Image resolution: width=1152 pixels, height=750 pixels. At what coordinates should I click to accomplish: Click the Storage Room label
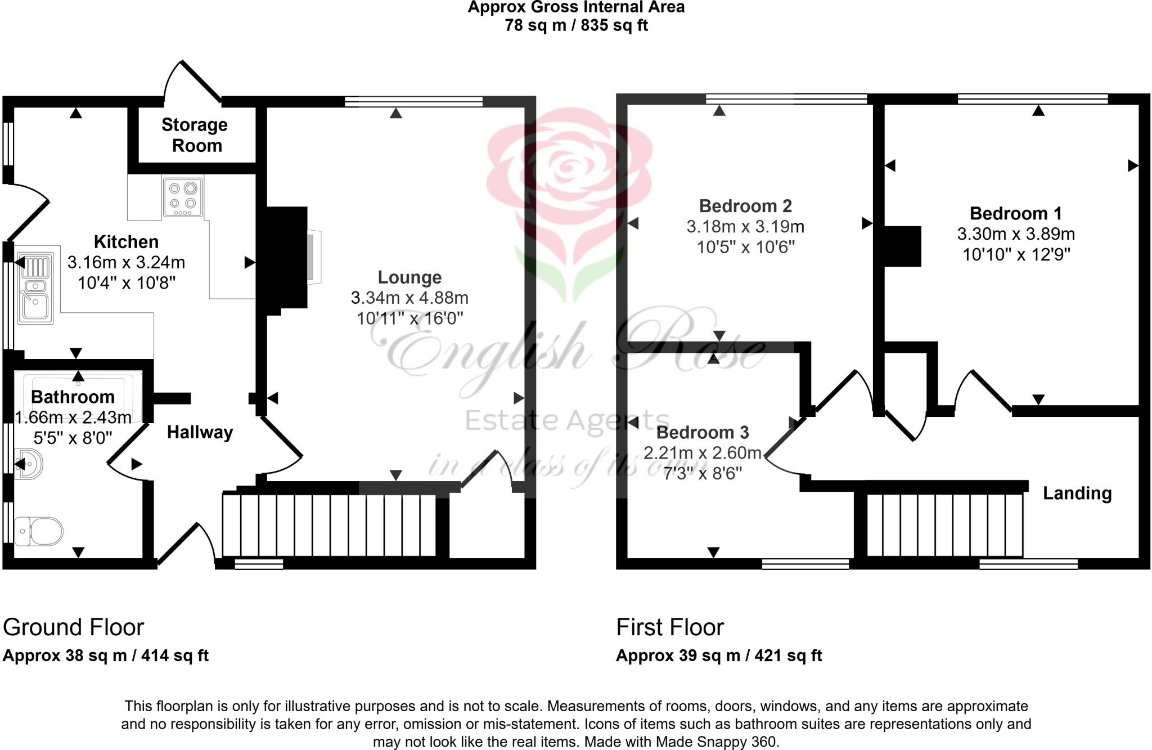[195, 135]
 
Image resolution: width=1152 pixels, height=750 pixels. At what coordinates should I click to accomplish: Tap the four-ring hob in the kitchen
[183, 197]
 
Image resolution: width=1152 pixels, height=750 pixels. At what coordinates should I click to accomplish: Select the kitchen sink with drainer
[35, 288]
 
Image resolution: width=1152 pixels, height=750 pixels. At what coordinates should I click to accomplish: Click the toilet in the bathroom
[39, 531]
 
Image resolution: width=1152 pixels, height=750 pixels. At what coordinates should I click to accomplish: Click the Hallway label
[200, 432]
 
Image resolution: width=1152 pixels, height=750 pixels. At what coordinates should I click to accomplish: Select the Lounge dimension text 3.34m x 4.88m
[409, 298]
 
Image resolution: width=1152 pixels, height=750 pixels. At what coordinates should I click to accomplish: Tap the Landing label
[1077, 493]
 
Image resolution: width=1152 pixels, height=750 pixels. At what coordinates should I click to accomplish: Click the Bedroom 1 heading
[1015, 213]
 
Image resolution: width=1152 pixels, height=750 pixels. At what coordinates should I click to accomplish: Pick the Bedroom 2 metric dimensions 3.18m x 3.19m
[745, 227]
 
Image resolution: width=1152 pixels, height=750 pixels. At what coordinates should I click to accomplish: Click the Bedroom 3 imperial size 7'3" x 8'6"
[702, 474]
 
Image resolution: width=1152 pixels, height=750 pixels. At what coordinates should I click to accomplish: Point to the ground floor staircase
[330, 525]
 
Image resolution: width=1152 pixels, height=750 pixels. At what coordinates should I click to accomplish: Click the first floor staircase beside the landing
[944, 525]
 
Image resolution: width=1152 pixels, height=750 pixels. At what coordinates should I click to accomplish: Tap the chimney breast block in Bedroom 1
[902, 246]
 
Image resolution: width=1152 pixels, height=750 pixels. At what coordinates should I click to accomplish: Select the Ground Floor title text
[74, 627]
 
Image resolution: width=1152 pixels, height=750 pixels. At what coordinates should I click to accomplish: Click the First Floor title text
[669, 627]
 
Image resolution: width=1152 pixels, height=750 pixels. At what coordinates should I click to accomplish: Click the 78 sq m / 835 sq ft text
[576, 25]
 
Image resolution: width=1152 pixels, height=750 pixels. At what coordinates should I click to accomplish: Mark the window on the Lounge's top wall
[413, 101]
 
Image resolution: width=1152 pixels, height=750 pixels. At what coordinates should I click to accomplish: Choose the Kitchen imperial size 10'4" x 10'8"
[126, 282]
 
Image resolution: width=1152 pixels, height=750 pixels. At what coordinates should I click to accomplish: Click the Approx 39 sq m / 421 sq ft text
[718, 655]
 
